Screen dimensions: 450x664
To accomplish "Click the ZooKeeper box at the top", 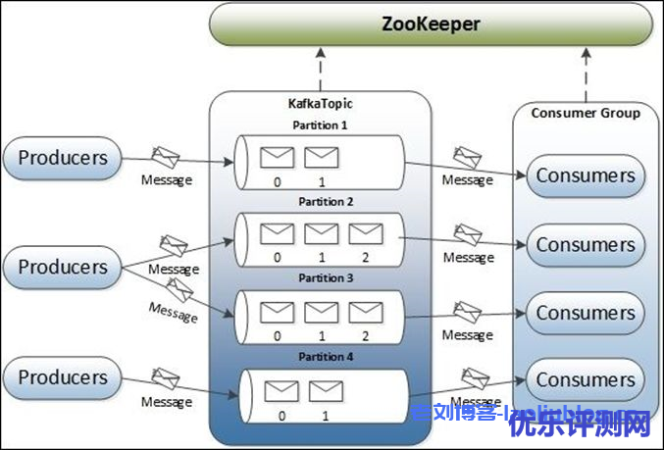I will [x=432, y=24].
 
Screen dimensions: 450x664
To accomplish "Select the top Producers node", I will [x=63, y=158].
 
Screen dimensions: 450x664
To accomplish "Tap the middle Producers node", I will [x=63, y=267].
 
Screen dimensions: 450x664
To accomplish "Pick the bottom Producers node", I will [x=63, y=377].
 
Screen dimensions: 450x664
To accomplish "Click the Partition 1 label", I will [x=320, y=125].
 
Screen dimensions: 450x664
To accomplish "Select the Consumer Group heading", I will [x=586, y=113].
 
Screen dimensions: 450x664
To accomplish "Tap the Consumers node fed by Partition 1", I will [x=586, y=176].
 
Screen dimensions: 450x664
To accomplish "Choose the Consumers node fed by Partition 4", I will [x=586, y=379].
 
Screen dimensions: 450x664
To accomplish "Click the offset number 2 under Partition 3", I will [x=365, y=335].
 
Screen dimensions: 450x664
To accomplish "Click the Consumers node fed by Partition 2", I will [x=586, y=244].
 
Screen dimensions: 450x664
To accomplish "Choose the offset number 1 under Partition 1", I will [x=321, y=181].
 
